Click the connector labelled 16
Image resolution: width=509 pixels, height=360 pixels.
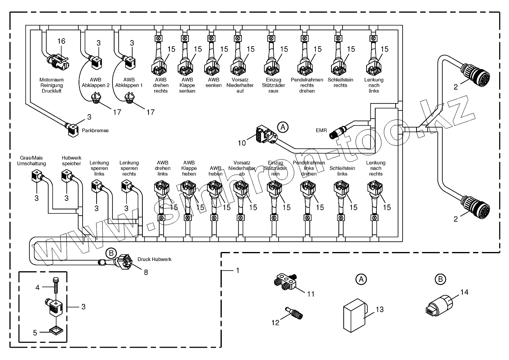[57, 62]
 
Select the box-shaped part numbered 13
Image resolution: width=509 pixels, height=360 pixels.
[353, 314]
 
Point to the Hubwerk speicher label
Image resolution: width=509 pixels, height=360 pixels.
[69, 160]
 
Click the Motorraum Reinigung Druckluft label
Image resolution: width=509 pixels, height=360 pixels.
[50, 85]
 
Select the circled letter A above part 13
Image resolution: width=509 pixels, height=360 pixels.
[360, 280]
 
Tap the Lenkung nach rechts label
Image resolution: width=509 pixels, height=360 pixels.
[376, 168]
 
